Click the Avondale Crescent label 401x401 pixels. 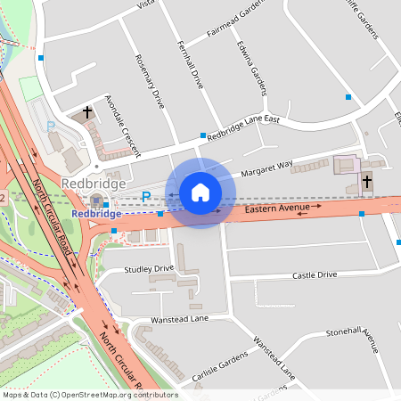(x=123, y=122)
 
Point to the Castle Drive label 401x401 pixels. (x=315, y=275)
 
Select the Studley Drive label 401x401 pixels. (x=150, y=268)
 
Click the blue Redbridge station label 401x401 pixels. (x=96, y=214)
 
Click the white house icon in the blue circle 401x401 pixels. (x=200, y=192)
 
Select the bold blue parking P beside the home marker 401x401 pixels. (x=146, y=196)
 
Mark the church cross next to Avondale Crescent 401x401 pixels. (x=87, y=112)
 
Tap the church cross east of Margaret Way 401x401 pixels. (x=367, y=181)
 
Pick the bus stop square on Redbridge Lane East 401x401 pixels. (x=202, y=136)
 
